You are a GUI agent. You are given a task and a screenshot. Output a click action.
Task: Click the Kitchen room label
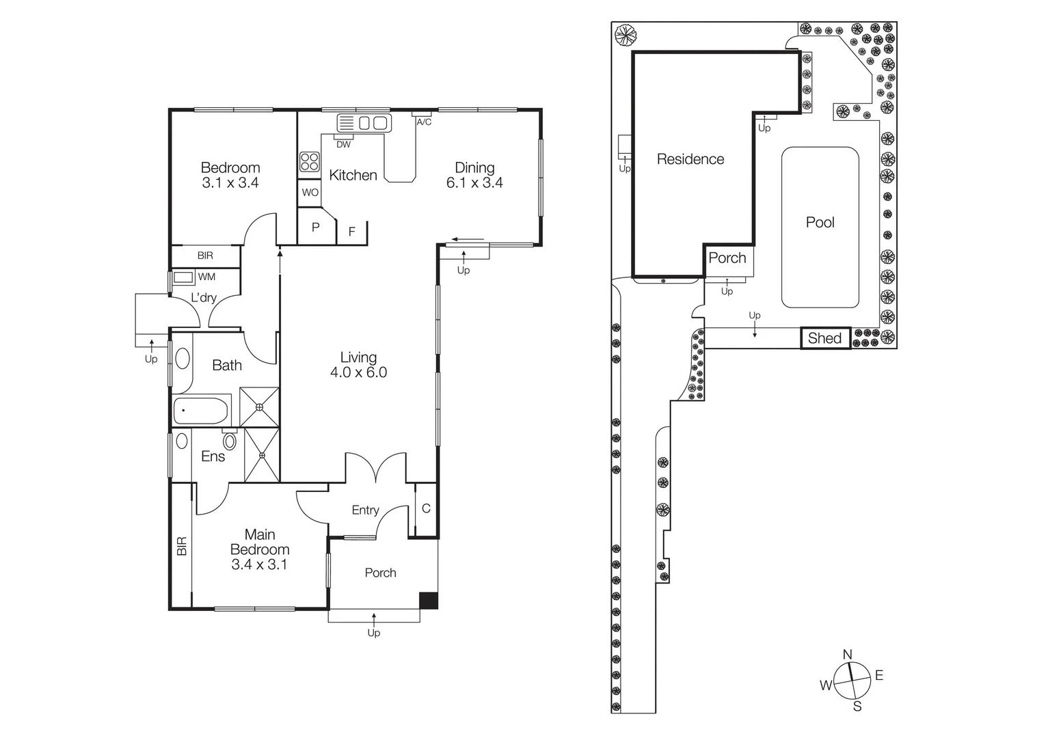[x=353, y=175]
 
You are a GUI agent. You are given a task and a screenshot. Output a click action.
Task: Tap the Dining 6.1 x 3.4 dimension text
[x=474, y=183]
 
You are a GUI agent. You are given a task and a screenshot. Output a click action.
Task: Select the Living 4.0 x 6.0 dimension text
[x=358, y=372]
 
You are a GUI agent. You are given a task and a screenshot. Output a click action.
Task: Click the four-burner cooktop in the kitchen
[x=310, y=162]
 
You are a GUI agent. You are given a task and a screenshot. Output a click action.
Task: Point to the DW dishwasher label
[x=343, y=144]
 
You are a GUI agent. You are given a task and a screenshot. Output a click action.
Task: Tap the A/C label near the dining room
[x=424, y=122]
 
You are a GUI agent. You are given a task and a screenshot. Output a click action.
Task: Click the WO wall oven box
[x=310, y=193]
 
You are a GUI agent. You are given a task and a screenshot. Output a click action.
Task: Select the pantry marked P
[x=316, y=228]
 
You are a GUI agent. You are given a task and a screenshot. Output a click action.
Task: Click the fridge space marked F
[x=352, y=232]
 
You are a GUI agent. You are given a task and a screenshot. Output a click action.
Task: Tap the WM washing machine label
[x=206, y=277]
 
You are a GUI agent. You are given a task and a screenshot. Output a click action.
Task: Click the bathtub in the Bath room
[x=200, y=411]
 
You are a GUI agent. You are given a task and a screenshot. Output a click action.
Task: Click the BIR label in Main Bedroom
[x=182, y=546]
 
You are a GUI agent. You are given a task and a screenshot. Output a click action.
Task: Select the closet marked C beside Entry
[x=426, y=508]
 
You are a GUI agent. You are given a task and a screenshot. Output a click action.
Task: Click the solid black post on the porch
[x=429, y=599]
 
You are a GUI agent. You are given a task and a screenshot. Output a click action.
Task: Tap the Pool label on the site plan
[x=820, y=222]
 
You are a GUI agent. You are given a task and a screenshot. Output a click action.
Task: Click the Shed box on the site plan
[x=825, y=338]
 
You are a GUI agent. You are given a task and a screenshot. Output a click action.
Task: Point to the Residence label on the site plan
[x=690, y=159]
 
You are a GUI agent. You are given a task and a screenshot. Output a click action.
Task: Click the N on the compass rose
[x=848, y=655]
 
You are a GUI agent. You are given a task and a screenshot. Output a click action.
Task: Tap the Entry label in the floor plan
[x=365, y=510]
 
